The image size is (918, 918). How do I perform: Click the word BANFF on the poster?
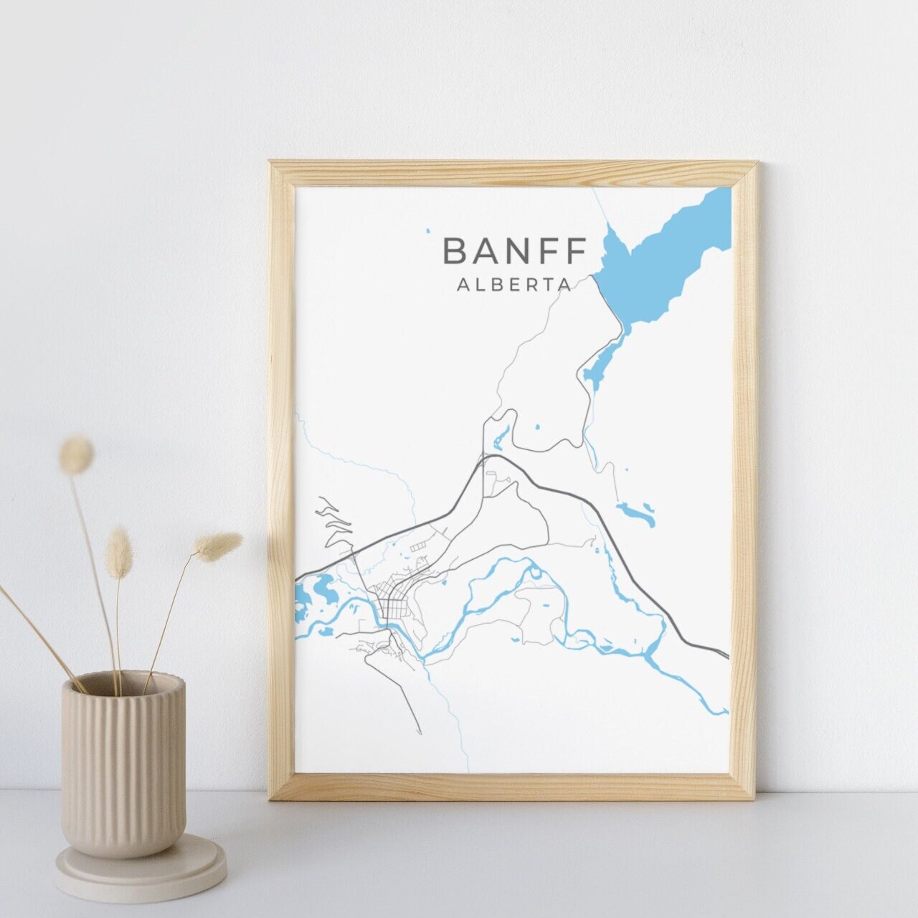coord(514,250)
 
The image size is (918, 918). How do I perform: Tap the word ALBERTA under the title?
coord(514,284)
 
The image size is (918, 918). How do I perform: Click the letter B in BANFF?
coord(456,250)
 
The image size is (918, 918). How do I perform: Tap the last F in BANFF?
coord(574,250)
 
